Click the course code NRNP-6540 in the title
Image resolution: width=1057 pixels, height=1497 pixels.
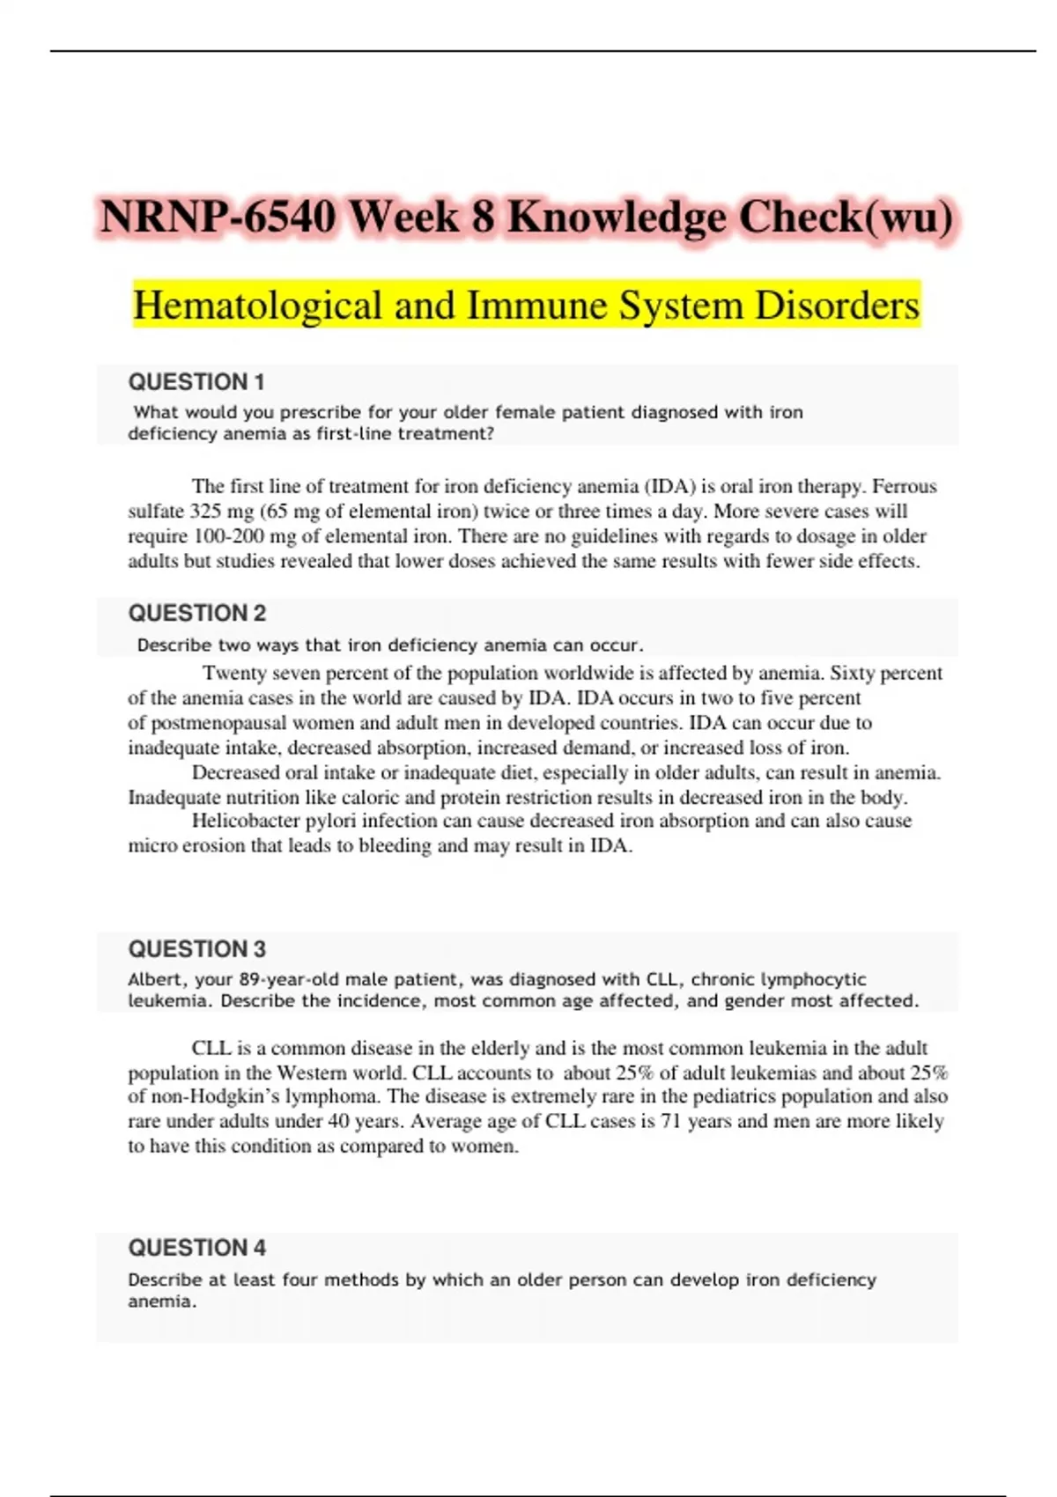pyautogui.click(x=218, y=217)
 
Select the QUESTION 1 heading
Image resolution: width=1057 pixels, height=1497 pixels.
pyautogui.click(x=196, y=382)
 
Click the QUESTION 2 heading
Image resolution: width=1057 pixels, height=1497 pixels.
pyautogui.click(x=196, y=613)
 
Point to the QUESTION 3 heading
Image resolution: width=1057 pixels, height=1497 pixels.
pyautogui.click(x=196, y=949)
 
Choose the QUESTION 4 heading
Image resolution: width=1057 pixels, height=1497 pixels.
pyautogui.click(x=196, y=1248)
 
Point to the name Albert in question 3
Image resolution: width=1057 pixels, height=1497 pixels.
pyautogui.click(x=154, y=979)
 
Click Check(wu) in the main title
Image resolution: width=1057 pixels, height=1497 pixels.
pyautogui.click(x=845, y=217)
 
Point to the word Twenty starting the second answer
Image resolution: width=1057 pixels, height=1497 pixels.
pyautogui.click(x=234, y=674)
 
